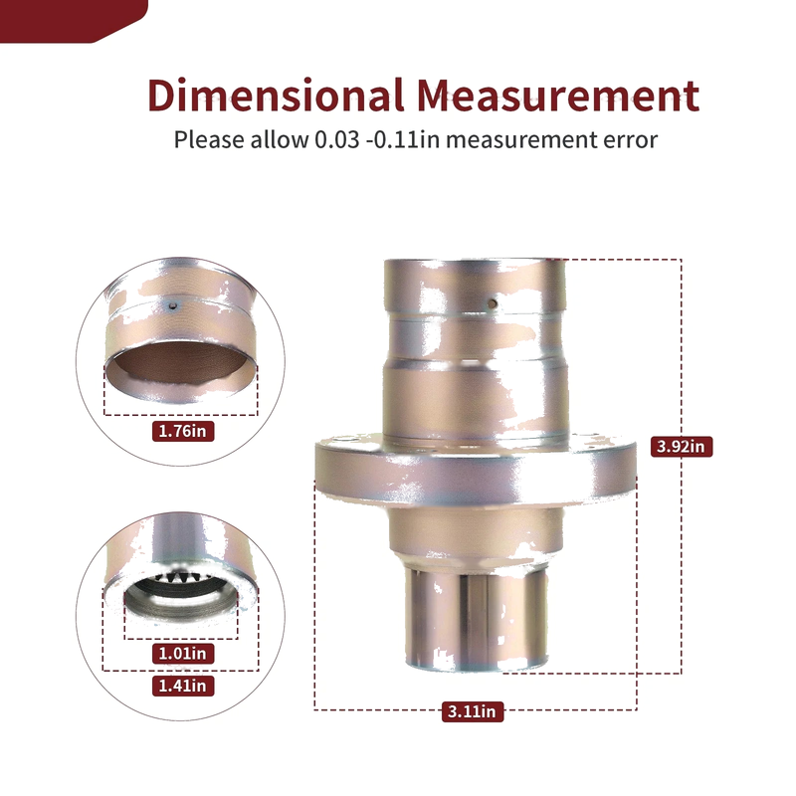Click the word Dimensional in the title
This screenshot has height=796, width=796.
[x=277, y=95]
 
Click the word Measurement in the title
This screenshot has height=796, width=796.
[x=558, y=95]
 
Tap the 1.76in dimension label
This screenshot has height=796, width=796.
[x=183, y=431]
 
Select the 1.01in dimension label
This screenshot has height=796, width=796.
[x=183, y=654]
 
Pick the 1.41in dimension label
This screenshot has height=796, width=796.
[x=183, y=686]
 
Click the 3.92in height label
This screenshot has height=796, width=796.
[x=682, y=446]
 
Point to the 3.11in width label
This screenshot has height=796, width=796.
[x=472, y=711]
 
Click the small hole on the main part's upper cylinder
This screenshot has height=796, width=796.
[x=492, y=304]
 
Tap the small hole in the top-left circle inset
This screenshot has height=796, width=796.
[x=173, y=306]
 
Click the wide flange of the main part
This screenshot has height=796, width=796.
[x=476, y=470]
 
